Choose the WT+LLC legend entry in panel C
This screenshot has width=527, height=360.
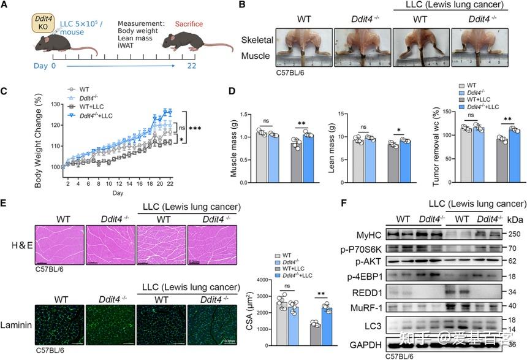click(88, 105)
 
